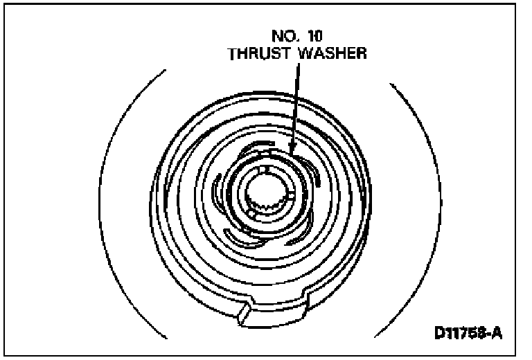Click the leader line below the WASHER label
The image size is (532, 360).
click(296, 104)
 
